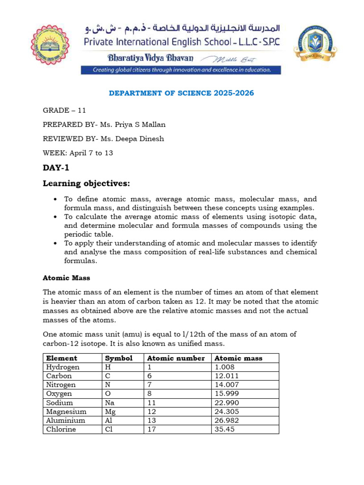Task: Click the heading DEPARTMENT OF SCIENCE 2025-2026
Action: [182, 93]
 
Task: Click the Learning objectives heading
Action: [86, 183]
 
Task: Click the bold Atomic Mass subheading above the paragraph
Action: [66, 278]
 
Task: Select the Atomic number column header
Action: [176, 358]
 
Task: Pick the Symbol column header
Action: [118, 358]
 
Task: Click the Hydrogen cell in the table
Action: [63, 367]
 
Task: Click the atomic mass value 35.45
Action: [225, 429]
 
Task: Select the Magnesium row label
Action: [66, 412]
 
